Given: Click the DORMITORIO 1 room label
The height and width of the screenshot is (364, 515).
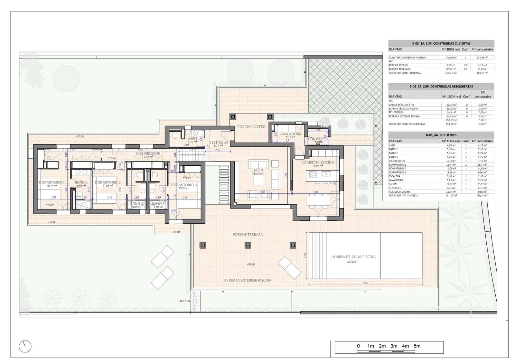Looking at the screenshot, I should click(x=51, y=182).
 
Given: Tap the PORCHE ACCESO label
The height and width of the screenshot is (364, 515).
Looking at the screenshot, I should click(x=251, y=127).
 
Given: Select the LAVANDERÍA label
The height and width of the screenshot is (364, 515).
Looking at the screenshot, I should click(x=290, y=134).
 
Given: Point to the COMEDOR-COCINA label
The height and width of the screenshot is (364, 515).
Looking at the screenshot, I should click(x=317, y=163).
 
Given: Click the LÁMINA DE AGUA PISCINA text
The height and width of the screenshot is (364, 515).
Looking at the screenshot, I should click(x=353, y=257).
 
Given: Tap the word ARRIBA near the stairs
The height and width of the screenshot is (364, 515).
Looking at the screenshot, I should click(x=185, y=301).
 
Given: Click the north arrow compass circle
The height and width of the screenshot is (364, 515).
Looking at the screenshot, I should click(x=25, y=346).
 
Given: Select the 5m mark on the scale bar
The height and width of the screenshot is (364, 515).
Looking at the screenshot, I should click(x=417, y=346).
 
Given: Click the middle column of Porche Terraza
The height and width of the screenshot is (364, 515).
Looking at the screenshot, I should click(x=248, y=246).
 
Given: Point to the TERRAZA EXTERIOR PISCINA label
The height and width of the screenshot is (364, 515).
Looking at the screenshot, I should click(x=248, y=280).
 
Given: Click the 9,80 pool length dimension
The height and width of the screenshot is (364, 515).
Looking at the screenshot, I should click(x=365, y=283).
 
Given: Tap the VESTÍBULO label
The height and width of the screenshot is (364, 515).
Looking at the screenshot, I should click(x=218, y=142).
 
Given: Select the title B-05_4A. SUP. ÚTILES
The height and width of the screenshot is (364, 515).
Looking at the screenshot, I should click(x=441, y=135).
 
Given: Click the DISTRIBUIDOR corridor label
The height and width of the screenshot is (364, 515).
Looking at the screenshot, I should click(x=148, y=154).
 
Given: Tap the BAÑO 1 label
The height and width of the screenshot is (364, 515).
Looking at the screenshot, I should click(x=81, y=182).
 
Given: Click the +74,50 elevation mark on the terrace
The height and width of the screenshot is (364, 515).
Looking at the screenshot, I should click(x=251, y=265).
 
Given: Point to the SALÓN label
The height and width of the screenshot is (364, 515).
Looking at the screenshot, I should click(x=257, y=170).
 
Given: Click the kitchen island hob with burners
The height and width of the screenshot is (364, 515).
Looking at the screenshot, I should click(x=313, y=174).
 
